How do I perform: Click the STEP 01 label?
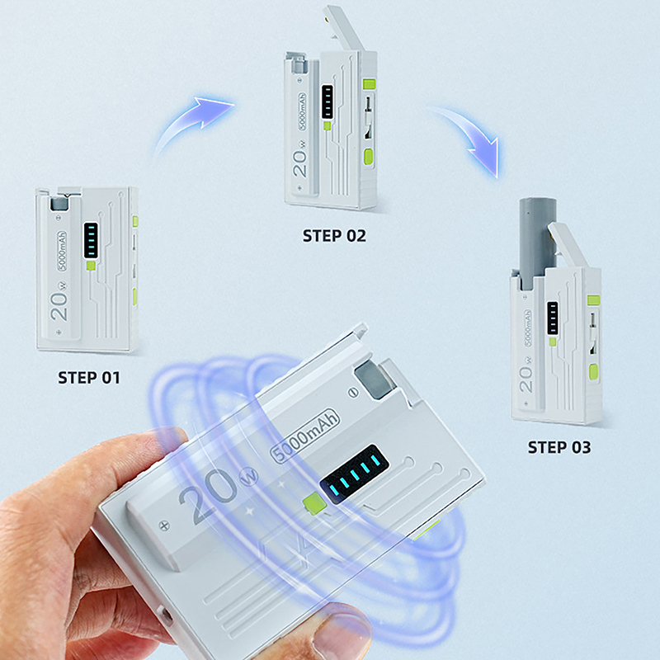click(x=89, y=378)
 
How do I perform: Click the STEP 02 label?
click(x=334, y=236)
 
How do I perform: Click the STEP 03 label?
click(x=559, y=447)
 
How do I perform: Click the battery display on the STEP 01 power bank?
click(x=91, y=240)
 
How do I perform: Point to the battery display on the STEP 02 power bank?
click(x=328, y=101)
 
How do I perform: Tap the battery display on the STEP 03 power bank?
click(x=553, y=318)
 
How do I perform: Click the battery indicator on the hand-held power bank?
click(x=355, y=474)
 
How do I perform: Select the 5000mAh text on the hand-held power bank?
click(x=304, y=436)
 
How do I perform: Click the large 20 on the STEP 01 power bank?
click(x=59, y=306)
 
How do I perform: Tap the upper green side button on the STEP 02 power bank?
click(x=369, y=84)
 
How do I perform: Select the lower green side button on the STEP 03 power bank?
click(x=593, y=372)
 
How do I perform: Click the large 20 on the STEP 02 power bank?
click(x=299, y=163)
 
